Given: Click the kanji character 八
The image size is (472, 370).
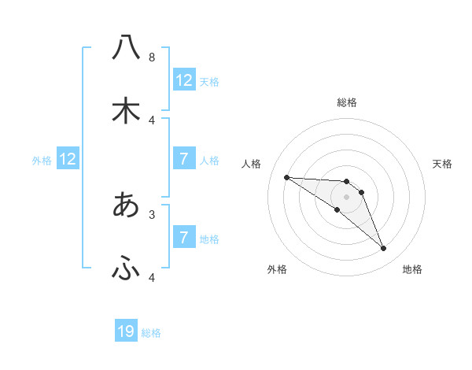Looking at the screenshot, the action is (126, 47).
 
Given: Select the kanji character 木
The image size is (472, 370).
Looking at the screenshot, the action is (126, 111).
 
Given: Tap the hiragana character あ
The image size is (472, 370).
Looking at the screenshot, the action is (126, 205).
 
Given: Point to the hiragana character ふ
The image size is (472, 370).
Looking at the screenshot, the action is (126, 269).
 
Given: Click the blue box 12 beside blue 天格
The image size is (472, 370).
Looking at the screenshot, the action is (184, 80).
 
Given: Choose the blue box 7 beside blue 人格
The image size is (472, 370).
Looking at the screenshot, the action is (184, 159).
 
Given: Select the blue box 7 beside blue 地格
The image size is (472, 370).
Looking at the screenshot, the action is (184, 238).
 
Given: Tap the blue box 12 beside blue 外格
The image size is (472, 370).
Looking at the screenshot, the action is (68, 159).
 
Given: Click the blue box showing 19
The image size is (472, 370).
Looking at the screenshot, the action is (126, 331).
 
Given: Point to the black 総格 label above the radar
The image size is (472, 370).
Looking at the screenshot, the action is (347, 102).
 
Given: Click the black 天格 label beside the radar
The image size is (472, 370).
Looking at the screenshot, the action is (443, 164).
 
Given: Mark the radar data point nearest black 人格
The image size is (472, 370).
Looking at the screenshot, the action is (286, 177).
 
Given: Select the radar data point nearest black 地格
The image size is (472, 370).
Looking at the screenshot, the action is (383, 249).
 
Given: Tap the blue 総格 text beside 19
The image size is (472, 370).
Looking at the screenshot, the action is (151, 333).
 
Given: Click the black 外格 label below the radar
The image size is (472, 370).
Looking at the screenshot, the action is (277, 269).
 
